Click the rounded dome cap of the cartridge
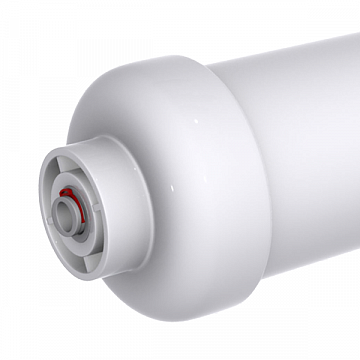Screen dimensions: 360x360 tap(170, 130)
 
